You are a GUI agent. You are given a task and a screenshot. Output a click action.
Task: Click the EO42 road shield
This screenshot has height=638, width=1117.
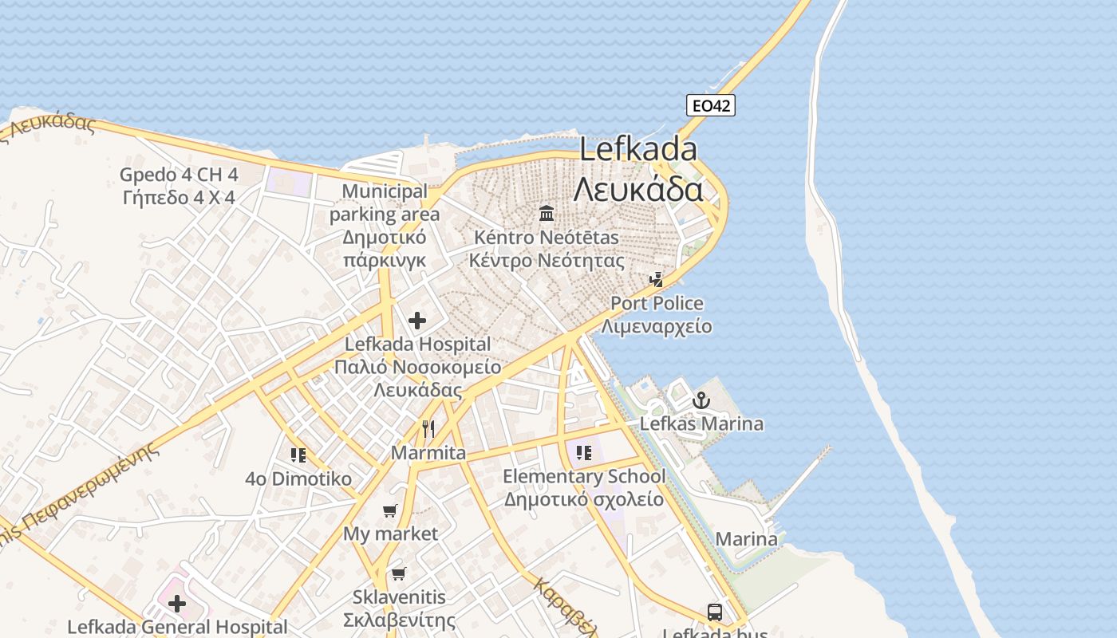pyautogui.click(x=710, y=105)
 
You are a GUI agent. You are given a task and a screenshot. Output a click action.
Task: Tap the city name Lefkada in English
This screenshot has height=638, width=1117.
pyautogui.click(x=638, y=149)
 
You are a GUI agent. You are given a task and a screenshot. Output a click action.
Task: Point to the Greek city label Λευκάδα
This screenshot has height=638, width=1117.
pyautogui.click(x=638, y=190)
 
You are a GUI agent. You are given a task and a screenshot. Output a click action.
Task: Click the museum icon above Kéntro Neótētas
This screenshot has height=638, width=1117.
pyautogui.click(x=547, y=213)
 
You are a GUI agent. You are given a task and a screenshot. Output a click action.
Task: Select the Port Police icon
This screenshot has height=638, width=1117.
pyautogui.click(x=657, y=279)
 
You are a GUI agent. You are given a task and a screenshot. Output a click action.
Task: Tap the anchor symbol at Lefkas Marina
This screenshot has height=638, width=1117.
pyautogui.click(x=701, y=400)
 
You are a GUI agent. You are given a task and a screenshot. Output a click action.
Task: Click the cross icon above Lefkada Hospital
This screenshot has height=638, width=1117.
pyautogui.click(x=416, y=321)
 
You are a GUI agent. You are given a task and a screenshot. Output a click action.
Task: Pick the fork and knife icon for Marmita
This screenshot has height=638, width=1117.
pyautogui.click(x=428, y=429)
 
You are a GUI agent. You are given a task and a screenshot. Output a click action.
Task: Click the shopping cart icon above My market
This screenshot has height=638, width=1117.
pyautogui.click(x=390, y=510)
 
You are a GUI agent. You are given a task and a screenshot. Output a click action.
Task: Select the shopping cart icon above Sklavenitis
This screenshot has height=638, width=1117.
pyautogui.click(x=399, y=573)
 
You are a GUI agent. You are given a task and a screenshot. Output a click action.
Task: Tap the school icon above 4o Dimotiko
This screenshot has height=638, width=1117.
pyautogui.click(x=298, y=455)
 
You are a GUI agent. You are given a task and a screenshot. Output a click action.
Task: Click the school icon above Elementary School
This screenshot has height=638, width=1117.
pyautogui.click(x=584, y=453)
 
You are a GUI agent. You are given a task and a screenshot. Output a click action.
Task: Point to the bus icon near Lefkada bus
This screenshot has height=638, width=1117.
pyautogui.click(x=715, y=612)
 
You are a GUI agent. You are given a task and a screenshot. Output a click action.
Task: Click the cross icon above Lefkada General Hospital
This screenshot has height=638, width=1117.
pyautogui.click(x=177, y=604)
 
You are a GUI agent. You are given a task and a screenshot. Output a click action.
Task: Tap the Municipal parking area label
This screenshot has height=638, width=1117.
pyautogui.click(x=385, y=203)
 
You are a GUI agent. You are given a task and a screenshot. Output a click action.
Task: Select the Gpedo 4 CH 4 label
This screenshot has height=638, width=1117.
pyautogui.click(x=179, y=174)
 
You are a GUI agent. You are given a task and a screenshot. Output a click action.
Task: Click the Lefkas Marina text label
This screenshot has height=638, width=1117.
pyautogui.click(x=701, y=423)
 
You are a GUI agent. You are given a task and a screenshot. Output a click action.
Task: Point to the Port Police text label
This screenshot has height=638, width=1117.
pyautogui.click(x=657, y=303)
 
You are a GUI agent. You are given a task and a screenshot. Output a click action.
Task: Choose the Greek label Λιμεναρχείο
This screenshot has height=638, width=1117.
pyautogui.click(x=657, y=326)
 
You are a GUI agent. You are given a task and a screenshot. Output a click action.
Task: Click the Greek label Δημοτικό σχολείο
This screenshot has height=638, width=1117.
pyautogui.click(x=583, y=500)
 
